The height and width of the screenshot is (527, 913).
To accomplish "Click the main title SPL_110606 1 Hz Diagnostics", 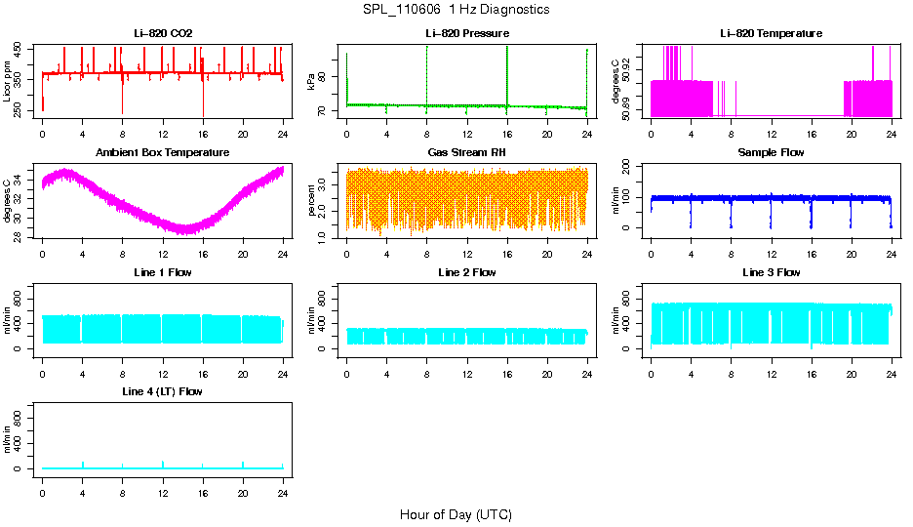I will coord(456,10).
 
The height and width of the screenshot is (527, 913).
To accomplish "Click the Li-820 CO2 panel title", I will coord(163,34).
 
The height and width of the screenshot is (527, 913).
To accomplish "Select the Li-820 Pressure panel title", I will coord(467,34).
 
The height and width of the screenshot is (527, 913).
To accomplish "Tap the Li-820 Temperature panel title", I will coord(771,34).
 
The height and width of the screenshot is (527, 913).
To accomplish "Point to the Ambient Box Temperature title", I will coord(163,153).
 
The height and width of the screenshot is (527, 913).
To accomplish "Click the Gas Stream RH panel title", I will coord(467,153).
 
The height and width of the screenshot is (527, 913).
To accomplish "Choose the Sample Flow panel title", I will coord(771,153).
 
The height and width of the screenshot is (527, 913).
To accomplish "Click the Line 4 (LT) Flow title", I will coord(163,391).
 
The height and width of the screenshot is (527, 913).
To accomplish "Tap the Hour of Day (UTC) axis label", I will coord(456,514).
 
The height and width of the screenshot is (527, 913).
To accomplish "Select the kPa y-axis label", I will coord(312,82).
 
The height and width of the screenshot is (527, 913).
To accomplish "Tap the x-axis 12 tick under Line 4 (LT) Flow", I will coord(163,484).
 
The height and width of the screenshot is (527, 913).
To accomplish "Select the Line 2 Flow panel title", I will coord(467,272).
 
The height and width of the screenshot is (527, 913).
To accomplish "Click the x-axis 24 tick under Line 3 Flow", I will coord(891,364).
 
